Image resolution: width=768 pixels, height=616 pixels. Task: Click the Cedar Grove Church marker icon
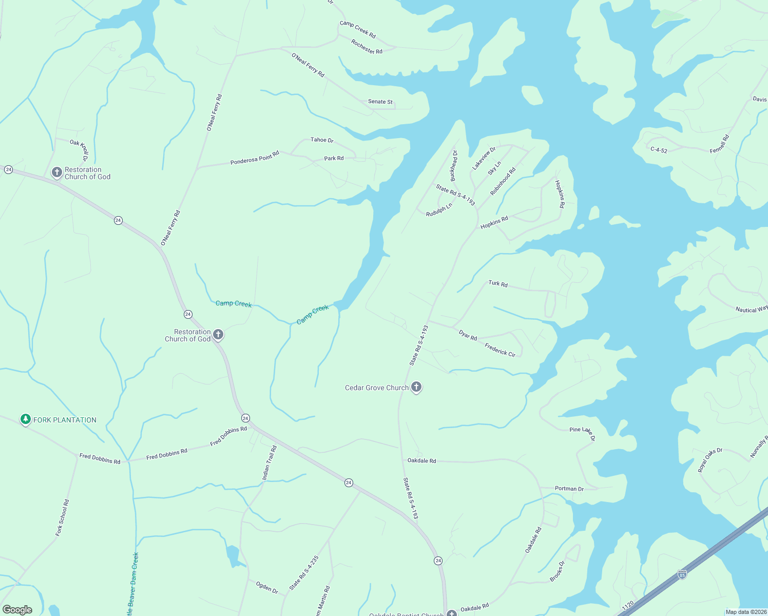click(x=416, y=387)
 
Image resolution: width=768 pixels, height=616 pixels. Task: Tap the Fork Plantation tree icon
click(x=26, y=419)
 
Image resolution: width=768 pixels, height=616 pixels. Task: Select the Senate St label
click(x=380, y=102)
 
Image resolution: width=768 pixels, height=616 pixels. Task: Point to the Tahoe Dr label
click(x=322, y=140)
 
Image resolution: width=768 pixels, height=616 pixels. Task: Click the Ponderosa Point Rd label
click(x=255, y=158)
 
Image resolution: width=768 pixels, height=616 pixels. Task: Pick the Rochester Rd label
click(x=367, y=47)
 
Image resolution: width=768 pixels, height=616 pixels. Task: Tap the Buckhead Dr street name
click(x=454, y=165)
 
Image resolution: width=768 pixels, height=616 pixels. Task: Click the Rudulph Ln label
click(x=439, y=209)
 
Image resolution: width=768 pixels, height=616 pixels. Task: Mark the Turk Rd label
click(x=498, y=283)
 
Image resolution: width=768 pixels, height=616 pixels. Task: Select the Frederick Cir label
click(x=500, y=350)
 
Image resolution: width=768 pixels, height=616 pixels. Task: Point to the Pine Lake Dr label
click(x=582, y=432)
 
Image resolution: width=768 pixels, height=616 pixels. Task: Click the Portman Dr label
click(x=569, y=489)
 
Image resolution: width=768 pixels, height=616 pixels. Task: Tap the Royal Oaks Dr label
click(x=710, y=459)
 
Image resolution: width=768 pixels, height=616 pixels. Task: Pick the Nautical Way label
click(x=752, y=309)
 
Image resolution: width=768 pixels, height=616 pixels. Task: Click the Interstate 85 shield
click(x=682, y=574)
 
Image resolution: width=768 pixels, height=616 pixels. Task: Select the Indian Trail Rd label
click(x=270, y=463)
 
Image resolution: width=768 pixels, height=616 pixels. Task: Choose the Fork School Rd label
click(x=62, y=517)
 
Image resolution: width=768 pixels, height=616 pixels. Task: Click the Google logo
click(x=17, y=610)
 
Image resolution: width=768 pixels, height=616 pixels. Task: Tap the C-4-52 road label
click(x=659, y=150)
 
